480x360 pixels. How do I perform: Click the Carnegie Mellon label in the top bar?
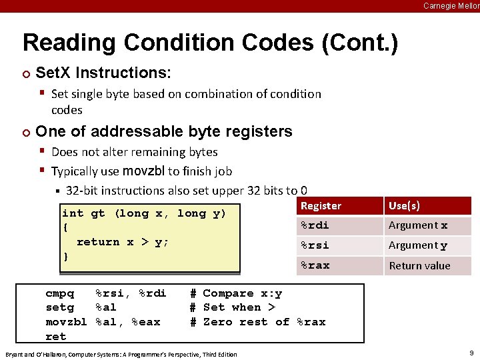(451, 6)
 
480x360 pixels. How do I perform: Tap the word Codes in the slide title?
(275, 43)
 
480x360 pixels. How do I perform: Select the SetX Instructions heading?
(103, 72)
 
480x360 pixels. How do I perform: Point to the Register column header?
(321, 206)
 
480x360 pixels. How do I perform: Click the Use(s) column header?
(404, 206)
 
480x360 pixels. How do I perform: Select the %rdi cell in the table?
(314, 225)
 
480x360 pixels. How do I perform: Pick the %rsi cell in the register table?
(314, 245)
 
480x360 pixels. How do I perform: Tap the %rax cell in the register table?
(314, 265)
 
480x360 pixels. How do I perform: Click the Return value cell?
(419, 266)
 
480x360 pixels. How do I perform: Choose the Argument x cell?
(418, 226)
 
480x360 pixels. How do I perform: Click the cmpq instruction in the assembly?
(59, 293)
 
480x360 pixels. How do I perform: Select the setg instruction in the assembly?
(59, 307)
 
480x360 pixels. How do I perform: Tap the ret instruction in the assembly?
(55, 337)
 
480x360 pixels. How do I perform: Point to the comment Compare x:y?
(243, 293)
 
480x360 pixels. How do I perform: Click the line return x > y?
(123, 242)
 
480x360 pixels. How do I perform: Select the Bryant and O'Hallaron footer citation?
(121, 354)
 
